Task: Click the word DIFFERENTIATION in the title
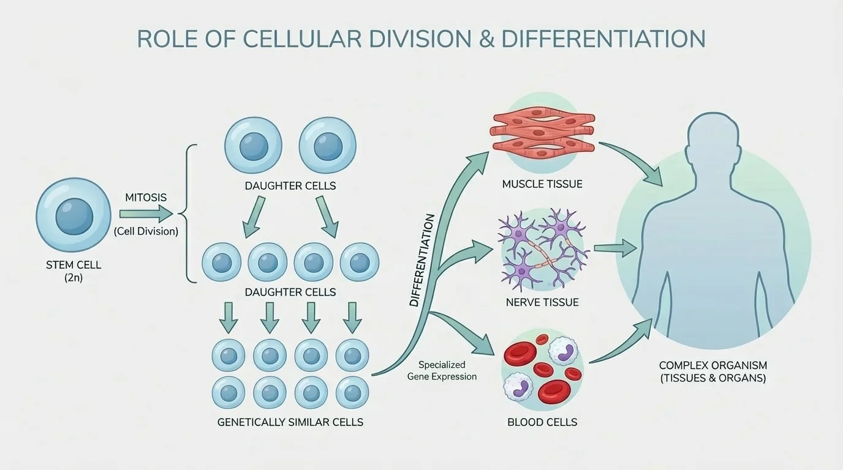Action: click(603, 39)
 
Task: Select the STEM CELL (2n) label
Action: click(74, 271)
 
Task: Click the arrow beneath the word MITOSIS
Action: click(146, 214)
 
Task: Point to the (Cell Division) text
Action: click(146, 231)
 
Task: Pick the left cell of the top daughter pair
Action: click(253, 146)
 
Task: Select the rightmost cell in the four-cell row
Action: click(360, 262)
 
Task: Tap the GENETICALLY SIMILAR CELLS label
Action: click(290, 422)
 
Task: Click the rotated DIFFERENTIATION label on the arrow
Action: click(423, 260)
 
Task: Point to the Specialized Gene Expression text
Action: click(442, 371)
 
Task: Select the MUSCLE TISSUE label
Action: click(542, 184)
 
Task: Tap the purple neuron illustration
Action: click(542, 248)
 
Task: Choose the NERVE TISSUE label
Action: click(542, 302)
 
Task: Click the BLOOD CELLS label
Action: click(542, 422)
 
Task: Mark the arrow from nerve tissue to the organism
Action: click(615, 248)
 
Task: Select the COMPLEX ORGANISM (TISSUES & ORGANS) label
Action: click(713, 371)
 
